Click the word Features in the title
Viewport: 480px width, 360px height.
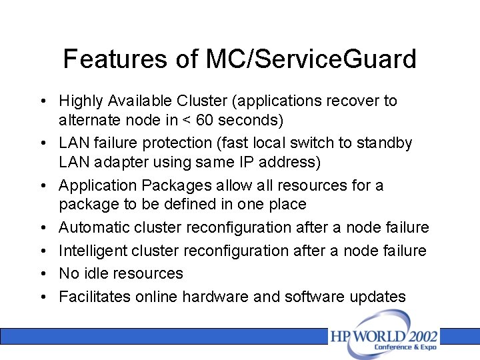tap(109, 59)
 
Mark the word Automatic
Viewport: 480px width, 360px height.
tap(94, 227)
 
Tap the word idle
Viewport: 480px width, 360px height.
tap(97, 273)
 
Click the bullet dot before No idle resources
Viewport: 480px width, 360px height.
tap(43, 273)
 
